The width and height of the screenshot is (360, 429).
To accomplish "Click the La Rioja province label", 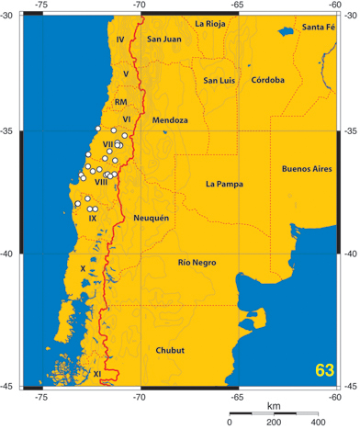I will point(213,22).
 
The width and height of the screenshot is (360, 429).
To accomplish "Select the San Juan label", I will point(165,39).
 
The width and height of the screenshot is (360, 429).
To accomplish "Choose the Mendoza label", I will point(170,120).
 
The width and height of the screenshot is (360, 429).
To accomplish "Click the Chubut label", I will point(170,350).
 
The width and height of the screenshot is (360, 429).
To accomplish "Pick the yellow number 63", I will point(323,370).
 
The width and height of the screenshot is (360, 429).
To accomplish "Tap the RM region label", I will point(120,101).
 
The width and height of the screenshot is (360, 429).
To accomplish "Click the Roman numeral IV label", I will point(120,40).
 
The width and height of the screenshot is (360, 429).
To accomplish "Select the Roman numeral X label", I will point(84,268).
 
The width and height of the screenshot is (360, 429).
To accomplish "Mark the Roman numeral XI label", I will point(96,374).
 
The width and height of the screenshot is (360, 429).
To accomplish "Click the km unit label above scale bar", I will point(274,405).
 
